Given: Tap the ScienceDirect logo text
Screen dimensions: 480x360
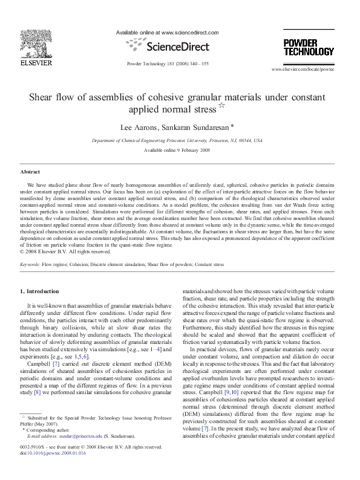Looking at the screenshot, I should point(167,46).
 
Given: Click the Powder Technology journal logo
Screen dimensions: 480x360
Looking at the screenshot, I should point(309,47).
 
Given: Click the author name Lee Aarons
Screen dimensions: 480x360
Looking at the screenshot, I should point(143,127).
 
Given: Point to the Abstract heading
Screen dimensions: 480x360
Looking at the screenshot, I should point(30,172).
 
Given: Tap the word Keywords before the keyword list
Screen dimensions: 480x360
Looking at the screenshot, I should point(30,265).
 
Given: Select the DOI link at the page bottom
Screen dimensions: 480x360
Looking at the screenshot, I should point(56,452).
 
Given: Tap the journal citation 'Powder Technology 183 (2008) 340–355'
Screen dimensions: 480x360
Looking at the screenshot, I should point(168,63).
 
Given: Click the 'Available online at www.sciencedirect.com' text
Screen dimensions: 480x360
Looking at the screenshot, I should point(166,33).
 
